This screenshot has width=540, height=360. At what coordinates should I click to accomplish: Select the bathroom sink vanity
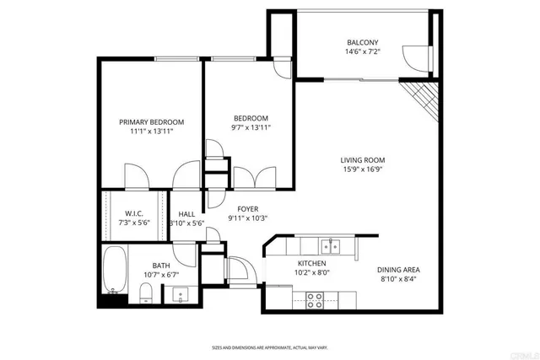tap(178, 295)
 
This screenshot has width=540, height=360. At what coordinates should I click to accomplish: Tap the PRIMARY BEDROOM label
tap(151, 122)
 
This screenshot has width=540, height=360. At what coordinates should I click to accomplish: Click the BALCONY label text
tap(362, 43)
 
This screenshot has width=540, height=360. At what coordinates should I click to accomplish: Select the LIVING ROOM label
tap(363, 160)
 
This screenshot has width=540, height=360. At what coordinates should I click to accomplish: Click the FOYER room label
tap(247, 208)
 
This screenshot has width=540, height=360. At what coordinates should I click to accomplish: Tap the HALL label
tap(186, 213)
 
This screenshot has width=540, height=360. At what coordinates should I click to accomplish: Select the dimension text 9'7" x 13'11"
tap(251, 128)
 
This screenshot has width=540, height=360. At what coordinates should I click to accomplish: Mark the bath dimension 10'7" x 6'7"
tap(160, 275)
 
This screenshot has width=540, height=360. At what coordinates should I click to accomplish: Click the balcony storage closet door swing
tap(416, 56)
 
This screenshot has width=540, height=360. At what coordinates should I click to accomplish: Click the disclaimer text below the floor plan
tap(269, 347)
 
